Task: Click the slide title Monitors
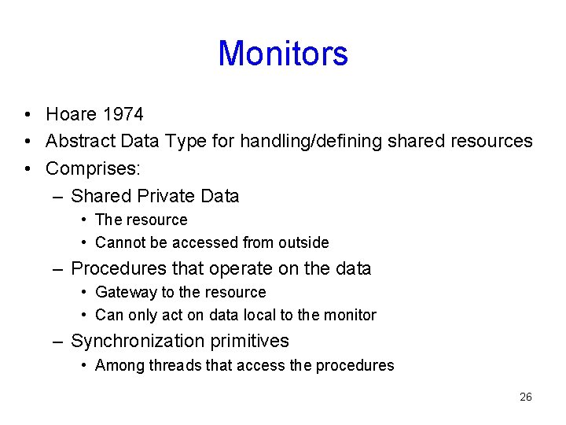pos(283,54)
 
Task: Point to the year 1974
pos(123,114)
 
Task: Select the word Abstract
pos(79,142)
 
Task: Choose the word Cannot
pos(119,242)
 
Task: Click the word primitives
pos(252,341)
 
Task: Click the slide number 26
pos(526,397)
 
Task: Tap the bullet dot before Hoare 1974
pos(28,115)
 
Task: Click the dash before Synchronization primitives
pos(57,341)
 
